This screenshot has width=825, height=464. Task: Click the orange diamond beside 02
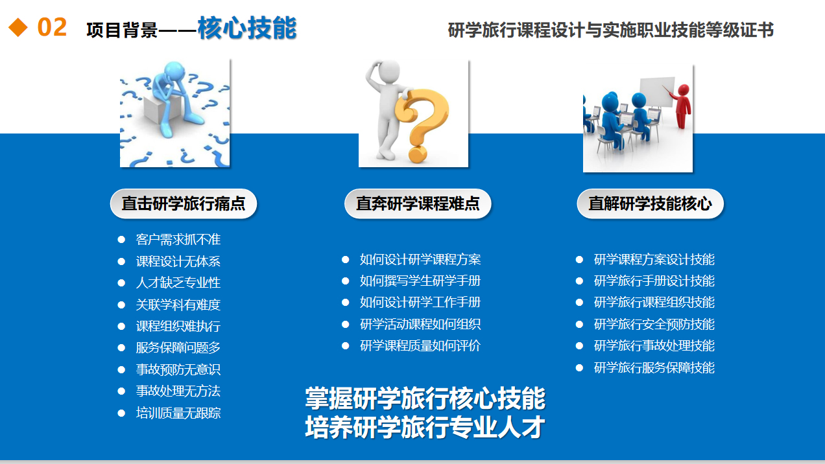click(18, 27)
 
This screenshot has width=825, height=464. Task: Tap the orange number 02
click(52, 27)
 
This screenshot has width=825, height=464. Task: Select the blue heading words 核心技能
click(246, 28)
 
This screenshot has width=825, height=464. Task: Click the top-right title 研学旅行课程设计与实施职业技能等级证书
click(611, 30)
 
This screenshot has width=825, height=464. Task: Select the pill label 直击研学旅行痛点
click(184, 203)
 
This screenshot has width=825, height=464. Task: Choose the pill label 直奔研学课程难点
click(418, 203)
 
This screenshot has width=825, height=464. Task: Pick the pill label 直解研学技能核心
click(650, 203)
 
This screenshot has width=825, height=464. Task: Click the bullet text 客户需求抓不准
click(178, 240)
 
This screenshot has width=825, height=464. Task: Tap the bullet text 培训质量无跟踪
click(178, 413)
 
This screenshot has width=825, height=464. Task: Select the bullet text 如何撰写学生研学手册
click(420, 281)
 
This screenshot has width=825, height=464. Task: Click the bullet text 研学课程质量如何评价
click(420, 345)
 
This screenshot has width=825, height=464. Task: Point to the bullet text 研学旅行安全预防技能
click(654, 324)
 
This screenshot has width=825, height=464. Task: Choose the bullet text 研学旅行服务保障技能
click(654, 367)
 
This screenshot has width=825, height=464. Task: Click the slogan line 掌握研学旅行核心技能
click(425, 398)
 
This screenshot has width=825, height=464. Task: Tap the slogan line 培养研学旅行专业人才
click(425, 427)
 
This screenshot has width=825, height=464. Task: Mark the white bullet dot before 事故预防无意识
click(121, 370)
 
